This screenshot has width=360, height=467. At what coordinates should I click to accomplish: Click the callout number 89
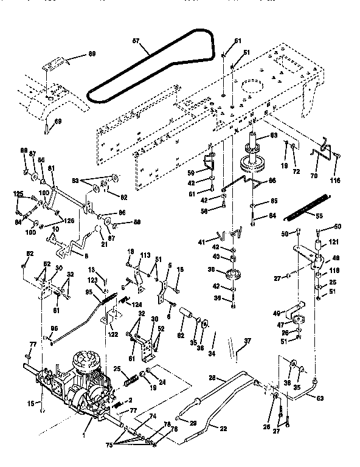92,55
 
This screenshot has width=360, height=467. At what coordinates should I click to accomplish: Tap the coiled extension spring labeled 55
310,206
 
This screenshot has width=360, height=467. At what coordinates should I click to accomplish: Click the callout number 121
333,243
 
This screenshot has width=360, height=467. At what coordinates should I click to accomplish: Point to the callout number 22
223,429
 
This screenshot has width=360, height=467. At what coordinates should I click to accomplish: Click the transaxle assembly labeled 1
79,383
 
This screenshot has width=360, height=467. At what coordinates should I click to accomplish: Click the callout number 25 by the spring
117,369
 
